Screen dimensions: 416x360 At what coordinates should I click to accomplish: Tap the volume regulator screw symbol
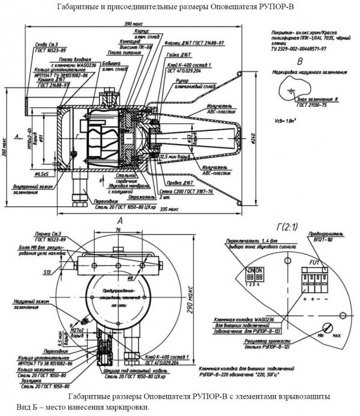click(x=328, y=327)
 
